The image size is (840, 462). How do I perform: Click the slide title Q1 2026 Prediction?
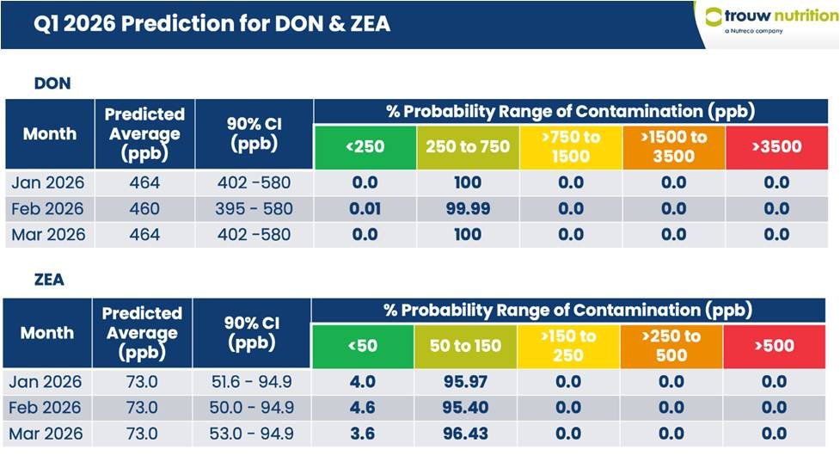pyautogui.click(x=212, y=23)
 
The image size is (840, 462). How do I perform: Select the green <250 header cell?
pyautogui.click(x=365, y=146)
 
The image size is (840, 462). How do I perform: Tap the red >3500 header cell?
pyautogui.click(x=776, y=146)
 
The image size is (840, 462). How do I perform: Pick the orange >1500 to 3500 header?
pyautogui.click(x=673, y=146)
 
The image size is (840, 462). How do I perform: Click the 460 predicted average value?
pyautogui.click(x=144, y=209)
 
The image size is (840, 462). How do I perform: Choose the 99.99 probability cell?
pyautogui.click(x=467, y=209)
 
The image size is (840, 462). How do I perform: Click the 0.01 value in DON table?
pyautogui.click(x=365, y=209)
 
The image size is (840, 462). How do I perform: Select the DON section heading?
pyautogui.click(x=52, y=83)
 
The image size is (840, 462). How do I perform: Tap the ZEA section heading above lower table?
pyautogui.click(x=48, y=280)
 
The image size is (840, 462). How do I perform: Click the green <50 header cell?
pyautogui.click(x=362, y=346)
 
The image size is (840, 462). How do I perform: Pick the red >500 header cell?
pyautogui.click(x=775, y=346)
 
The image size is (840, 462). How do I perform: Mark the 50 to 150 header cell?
pyautogui.click(x=464, y=346)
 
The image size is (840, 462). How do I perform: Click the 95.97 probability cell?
pyautogui.click(x=464, y=382)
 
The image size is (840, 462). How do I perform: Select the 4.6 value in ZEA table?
pyautogui.click(x=363, y=408)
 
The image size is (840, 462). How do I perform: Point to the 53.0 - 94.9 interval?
pyautogui.click(x=252, y=434)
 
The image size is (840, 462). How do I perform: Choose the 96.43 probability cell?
pyautogui.click(x=464, y=434)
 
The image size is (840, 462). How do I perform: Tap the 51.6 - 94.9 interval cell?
pyautogui.click(x=252, y=382)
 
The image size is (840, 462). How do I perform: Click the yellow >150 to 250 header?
pyautogui.click(x=567, y=346)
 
